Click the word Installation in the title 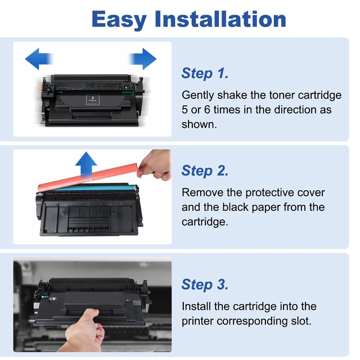[220, 19]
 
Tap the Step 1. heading [205, 73]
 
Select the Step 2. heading [205, 170]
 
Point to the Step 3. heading [205, 285]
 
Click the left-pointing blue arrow [39, 58]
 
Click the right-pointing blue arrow [143, 58]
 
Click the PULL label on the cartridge [93, 100]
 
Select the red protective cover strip [88, 177]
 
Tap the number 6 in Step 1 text [207, 110]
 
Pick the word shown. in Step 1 [199, 124]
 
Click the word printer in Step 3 [197, 321]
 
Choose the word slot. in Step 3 [301, 321]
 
